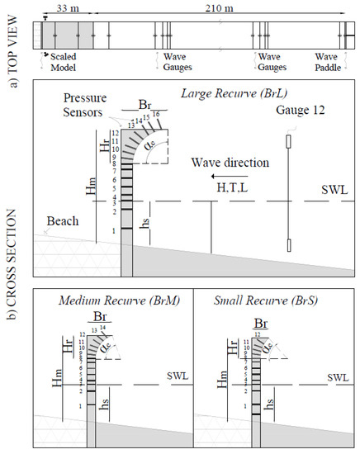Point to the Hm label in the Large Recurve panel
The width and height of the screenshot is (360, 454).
89,189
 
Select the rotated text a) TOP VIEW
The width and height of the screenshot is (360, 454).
13,37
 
